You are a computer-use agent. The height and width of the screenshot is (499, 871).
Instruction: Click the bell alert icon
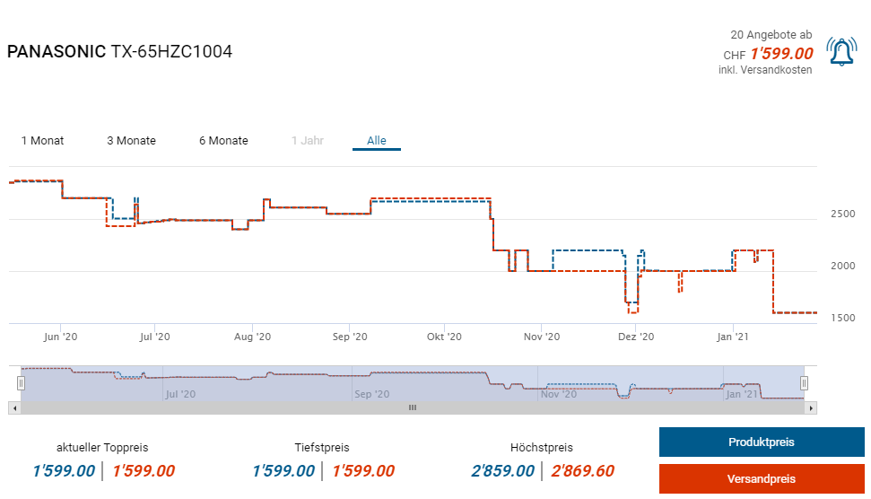(x=841, y=52)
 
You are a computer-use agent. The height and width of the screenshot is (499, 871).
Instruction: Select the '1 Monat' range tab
(x=43, y=141)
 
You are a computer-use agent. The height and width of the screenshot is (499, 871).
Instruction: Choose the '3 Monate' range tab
(x=131, y=141)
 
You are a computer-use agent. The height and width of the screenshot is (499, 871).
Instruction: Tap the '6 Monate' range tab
(x=223, y=141)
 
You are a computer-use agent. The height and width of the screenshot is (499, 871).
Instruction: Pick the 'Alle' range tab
(x=377, y=141)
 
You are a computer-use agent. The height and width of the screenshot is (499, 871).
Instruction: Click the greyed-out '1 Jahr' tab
(x=308, y=141)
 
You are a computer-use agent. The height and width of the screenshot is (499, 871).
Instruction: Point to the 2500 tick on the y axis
(x=842, y=214)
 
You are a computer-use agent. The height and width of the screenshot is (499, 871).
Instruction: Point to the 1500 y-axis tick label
(x=842, y=318)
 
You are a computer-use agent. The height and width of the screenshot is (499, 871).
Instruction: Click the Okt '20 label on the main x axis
(x=444, y=337)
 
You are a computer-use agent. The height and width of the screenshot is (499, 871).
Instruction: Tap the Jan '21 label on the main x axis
(x=733, y=337)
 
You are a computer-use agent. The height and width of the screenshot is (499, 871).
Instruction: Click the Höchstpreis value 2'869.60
(x=582, y=471)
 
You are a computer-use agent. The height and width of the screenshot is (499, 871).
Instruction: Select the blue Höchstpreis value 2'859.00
(x=502, y=471)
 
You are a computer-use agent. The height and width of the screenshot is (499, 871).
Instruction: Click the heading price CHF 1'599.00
(x=781, y=54)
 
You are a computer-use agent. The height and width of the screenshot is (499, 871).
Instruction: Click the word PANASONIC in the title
(x=56, y=52)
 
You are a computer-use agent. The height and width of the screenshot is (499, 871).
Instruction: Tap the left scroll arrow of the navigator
(x=13, y=407)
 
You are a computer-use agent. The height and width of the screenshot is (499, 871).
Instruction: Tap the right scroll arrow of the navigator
(x=811, y=407)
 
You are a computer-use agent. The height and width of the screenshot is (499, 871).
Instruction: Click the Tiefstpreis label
(x=322, y=447)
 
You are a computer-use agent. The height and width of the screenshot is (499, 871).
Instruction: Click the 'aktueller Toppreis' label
(x=102, y=447)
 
